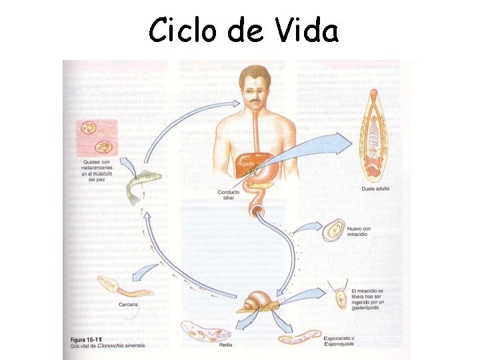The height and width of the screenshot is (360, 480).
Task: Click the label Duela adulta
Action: pyautogui.click(x=375, y=189)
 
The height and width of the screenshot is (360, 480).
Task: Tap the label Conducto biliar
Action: pyautogui.click(x=228, y=195)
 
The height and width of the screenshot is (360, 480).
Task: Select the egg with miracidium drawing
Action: pyautogui.click(x=333, y=231)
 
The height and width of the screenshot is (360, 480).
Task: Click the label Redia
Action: pyautogui.click(x=226, y=344)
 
